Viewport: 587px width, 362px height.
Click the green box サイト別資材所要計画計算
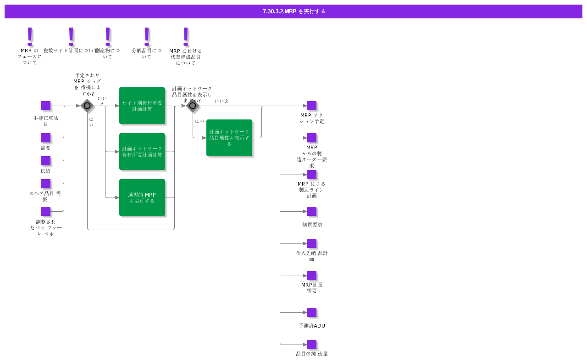(x=142, y=106)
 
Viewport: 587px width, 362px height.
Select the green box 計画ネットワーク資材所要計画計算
(x=142, y=152)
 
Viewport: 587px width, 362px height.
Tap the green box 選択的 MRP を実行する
(x=142, y=198)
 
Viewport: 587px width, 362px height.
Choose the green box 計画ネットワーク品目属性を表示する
(x=229, y=138)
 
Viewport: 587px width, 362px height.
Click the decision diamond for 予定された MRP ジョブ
(x=87, y=106)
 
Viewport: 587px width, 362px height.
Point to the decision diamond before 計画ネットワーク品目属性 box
(x=193, y=106)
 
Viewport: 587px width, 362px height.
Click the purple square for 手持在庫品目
(x=46, y=106)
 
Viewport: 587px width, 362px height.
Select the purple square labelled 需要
(x=46, y=138)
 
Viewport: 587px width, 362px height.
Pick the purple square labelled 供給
(x=46, y=161)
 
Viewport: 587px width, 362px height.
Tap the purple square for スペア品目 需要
(x=46, y=184)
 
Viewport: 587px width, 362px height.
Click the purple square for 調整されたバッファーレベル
(x=46, y=211)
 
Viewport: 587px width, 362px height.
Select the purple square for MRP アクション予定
(x=312, y=106)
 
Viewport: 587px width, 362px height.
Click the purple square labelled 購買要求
(x=312, y=211)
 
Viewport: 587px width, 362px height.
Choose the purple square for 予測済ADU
(x=312, y=312)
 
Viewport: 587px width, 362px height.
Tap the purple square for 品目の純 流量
(x=312, y=345)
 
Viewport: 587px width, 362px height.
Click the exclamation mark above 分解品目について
(x=147, y=36)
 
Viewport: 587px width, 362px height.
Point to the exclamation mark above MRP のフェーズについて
(x=30, y=36)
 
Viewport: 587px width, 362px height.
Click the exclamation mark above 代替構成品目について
(x=186, y=36)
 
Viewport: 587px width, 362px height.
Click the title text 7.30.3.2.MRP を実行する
(x=294, y=11)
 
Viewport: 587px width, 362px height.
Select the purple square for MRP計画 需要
(x=312, y=276)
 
